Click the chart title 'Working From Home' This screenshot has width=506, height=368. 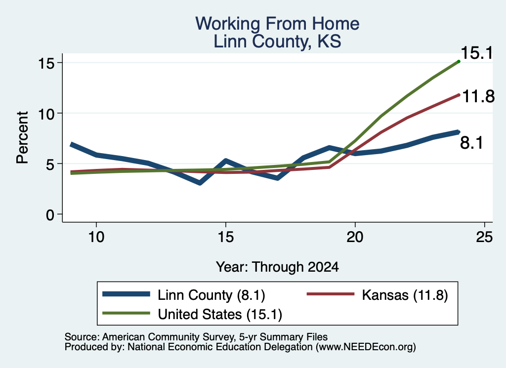point(277,24)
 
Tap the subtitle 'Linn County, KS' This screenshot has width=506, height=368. point(277,41)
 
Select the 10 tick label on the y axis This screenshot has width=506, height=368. point(46,114)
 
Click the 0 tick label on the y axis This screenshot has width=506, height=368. point(50,214)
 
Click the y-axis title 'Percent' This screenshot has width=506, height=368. point(23,137)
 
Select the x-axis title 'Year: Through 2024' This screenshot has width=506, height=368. point(277,267)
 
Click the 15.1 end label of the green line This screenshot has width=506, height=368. point(477,53)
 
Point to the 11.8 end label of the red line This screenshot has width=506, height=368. point(478,96)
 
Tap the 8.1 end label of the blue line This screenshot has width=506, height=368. point(471,143)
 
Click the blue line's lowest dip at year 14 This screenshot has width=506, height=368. point(200,183)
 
